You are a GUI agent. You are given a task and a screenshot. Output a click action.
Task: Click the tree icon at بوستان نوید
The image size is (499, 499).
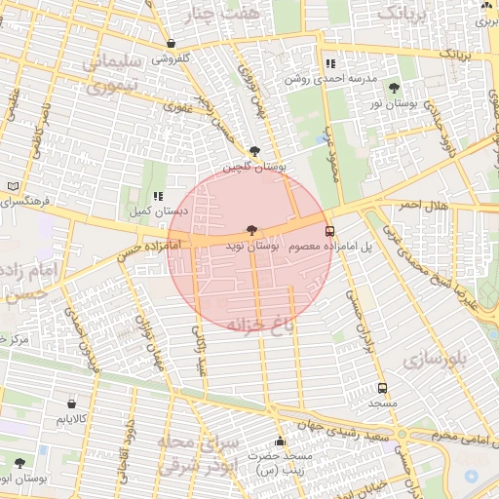[252, 230]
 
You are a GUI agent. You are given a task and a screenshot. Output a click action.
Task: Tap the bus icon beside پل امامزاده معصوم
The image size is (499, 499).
[329, 232]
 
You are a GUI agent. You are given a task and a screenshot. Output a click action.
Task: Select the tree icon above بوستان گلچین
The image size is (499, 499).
[255, 151]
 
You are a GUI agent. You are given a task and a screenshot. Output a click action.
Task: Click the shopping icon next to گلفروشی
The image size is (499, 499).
[172, 44]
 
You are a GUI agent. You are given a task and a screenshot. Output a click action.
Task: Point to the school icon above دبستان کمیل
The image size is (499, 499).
[158, 196]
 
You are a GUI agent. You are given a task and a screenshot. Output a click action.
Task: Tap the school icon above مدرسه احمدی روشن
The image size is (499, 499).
[329, 64]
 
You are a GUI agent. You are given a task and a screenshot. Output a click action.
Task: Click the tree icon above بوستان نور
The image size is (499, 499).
[394, 88]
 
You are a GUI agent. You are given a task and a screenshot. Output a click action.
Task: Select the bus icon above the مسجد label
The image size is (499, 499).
[382, 388]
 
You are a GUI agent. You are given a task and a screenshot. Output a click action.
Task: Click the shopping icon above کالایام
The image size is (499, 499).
[72, 403]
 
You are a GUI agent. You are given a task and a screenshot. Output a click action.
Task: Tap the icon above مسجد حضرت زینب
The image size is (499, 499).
[280, 441]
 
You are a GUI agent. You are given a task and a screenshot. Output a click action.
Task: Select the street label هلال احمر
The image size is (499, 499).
[423, 206]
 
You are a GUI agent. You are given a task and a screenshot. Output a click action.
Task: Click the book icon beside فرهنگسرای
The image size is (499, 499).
[12, 185]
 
